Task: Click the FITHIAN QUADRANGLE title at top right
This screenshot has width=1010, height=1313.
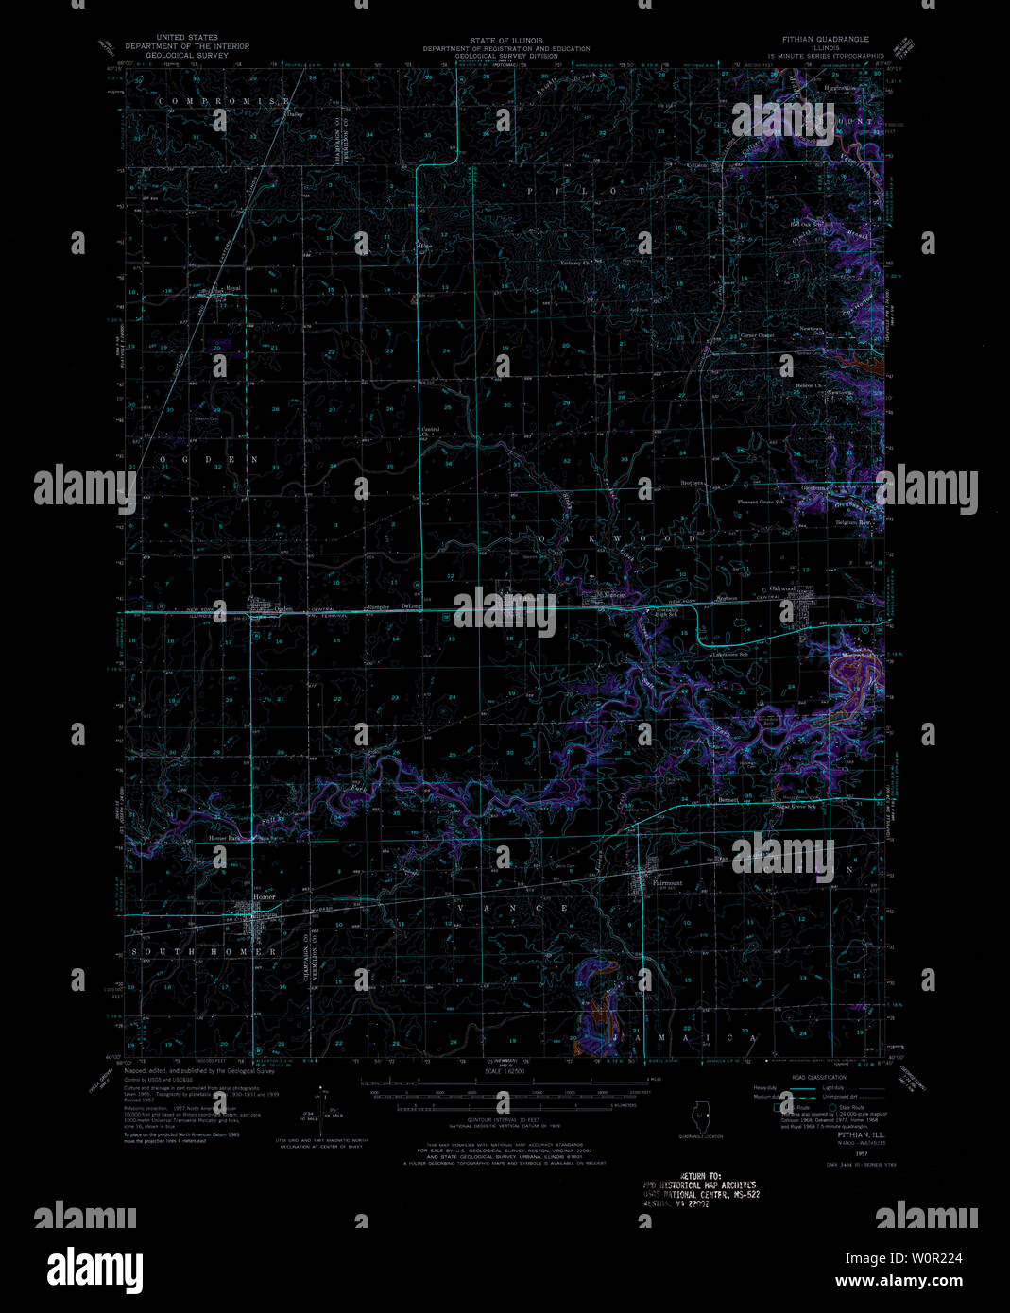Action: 831,40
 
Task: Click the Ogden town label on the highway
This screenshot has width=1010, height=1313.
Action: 257,609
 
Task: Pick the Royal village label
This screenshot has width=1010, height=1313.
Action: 231,288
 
